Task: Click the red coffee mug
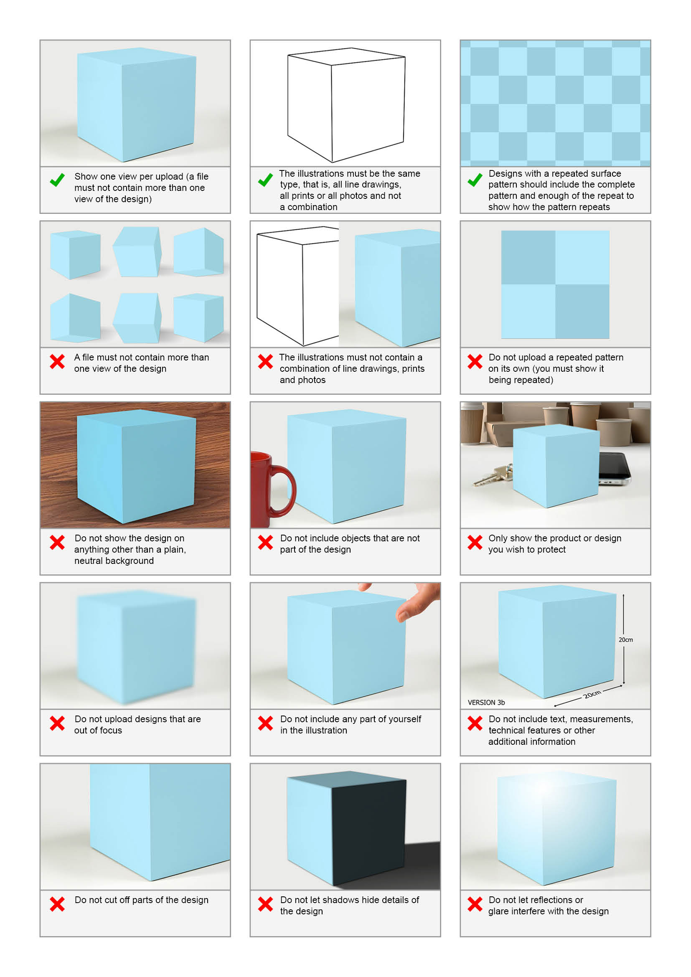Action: (x=268, y=490)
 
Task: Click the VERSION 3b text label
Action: (x=486, y=703)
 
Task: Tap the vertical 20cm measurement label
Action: (x=625, y=639)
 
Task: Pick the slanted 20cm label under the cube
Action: (x=592, y=695)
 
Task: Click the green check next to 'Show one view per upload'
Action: (x=57, y=180)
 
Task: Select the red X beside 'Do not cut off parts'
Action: (x=57, y=904)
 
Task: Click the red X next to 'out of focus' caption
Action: (x=57, y=723)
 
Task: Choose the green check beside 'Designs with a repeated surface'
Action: (x=475, y=180)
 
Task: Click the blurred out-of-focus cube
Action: (x=136, y=647)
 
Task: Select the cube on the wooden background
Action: (x=136, y=467)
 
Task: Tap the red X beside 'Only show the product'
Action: (x=475, y=542)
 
